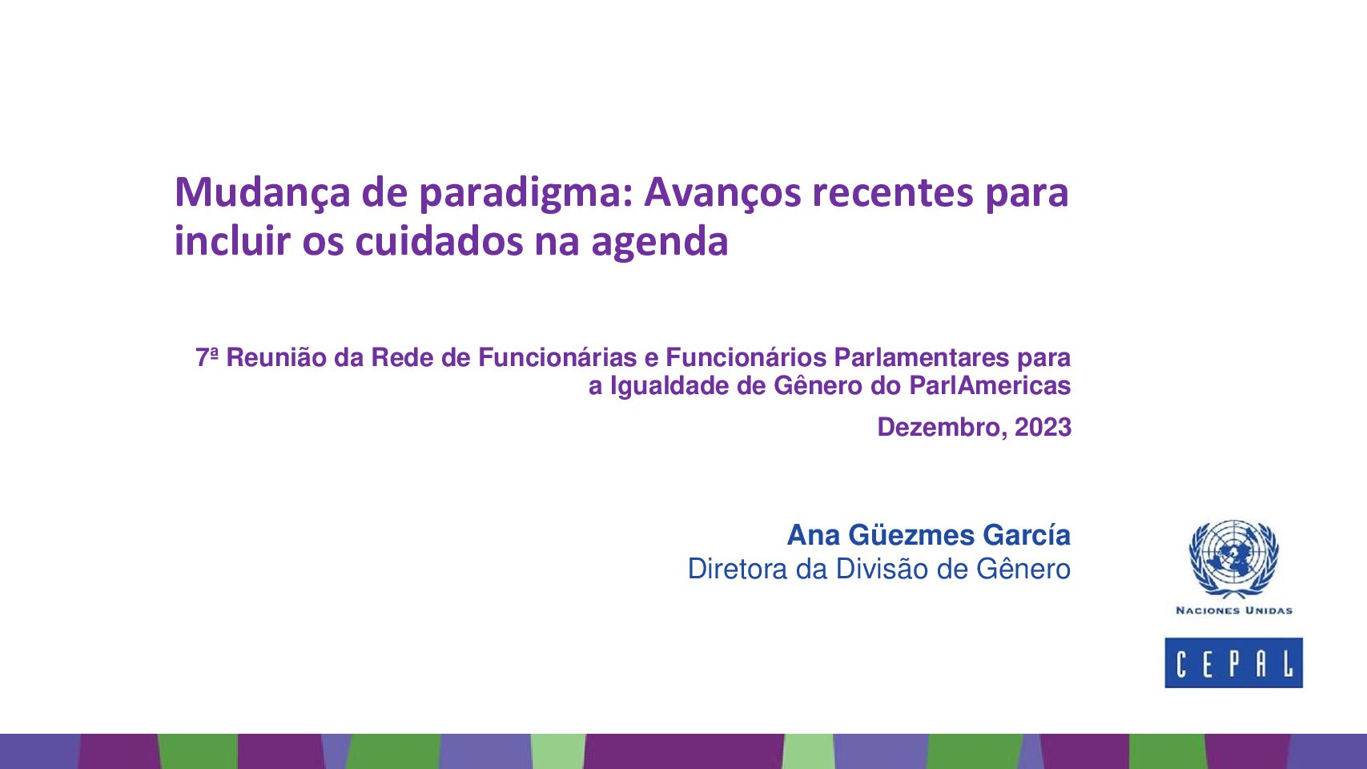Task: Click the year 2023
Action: point(1043,427)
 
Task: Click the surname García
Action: point(1027,535)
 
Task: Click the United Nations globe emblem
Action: point(1233,558)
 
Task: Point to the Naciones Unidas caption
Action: point(1234,610)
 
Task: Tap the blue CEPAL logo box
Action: point(1233,662)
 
